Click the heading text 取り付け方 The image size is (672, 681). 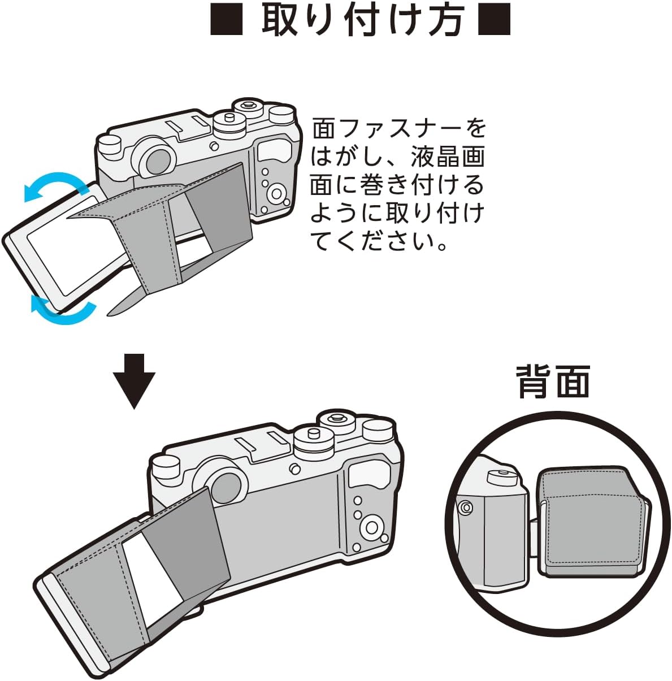(x=362, y=20)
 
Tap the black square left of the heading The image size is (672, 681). (x=227, y=20)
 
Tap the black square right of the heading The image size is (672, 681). (x=495, y=20)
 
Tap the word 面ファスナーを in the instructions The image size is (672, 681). (x=399, y=128)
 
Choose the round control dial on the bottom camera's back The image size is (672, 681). (x=372, y=527)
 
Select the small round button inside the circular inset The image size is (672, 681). (x=466, y=508)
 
